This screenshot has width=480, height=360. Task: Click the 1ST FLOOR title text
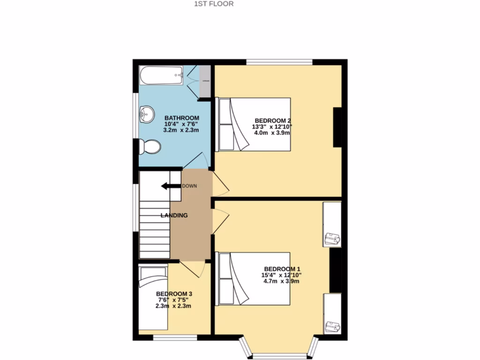tap(213, 4)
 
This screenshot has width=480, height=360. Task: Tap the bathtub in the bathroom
tap(161, 75)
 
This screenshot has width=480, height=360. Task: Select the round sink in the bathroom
tap(147, 113)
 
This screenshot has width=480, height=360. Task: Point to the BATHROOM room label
tap(181, 118)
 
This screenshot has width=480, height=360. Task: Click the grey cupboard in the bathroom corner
tap(205, 81)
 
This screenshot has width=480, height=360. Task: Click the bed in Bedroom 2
tap(253, 124)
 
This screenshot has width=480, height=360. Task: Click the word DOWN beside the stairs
tap(190, 186)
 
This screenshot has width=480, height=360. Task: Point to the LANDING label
tap(174, 216)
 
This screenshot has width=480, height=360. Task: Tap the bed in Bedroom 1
tap(253, 279)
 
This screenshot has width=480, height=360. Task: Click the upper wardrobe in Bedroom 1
tap(332, 225)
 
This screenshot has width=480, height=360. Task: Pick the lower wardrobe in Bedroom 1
tap(332, 313)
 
